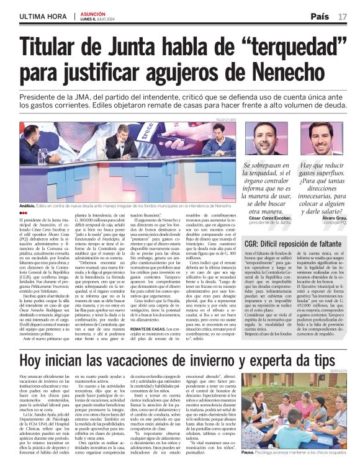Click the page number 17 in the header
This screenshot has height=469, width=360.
pos(343,16)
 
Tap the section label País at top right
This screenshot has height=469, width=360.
pos(320,16)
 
